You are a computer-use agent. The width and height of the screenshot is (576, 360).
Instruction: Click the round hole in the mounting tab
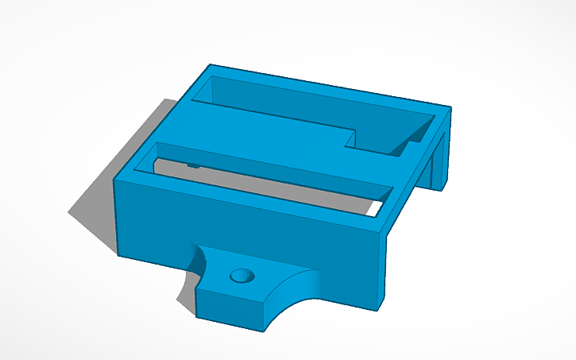(x=239, y=277)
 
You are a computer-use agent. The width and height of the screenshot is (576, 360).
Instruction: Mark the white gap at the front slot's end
(x=373, y=208)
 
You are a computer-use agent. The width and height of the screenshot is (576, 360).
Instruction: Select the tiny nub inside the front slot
(x=193, y=165)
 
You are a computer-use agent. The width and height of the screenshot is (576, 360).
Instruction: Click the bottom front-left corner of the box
(x=119, y=254)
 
